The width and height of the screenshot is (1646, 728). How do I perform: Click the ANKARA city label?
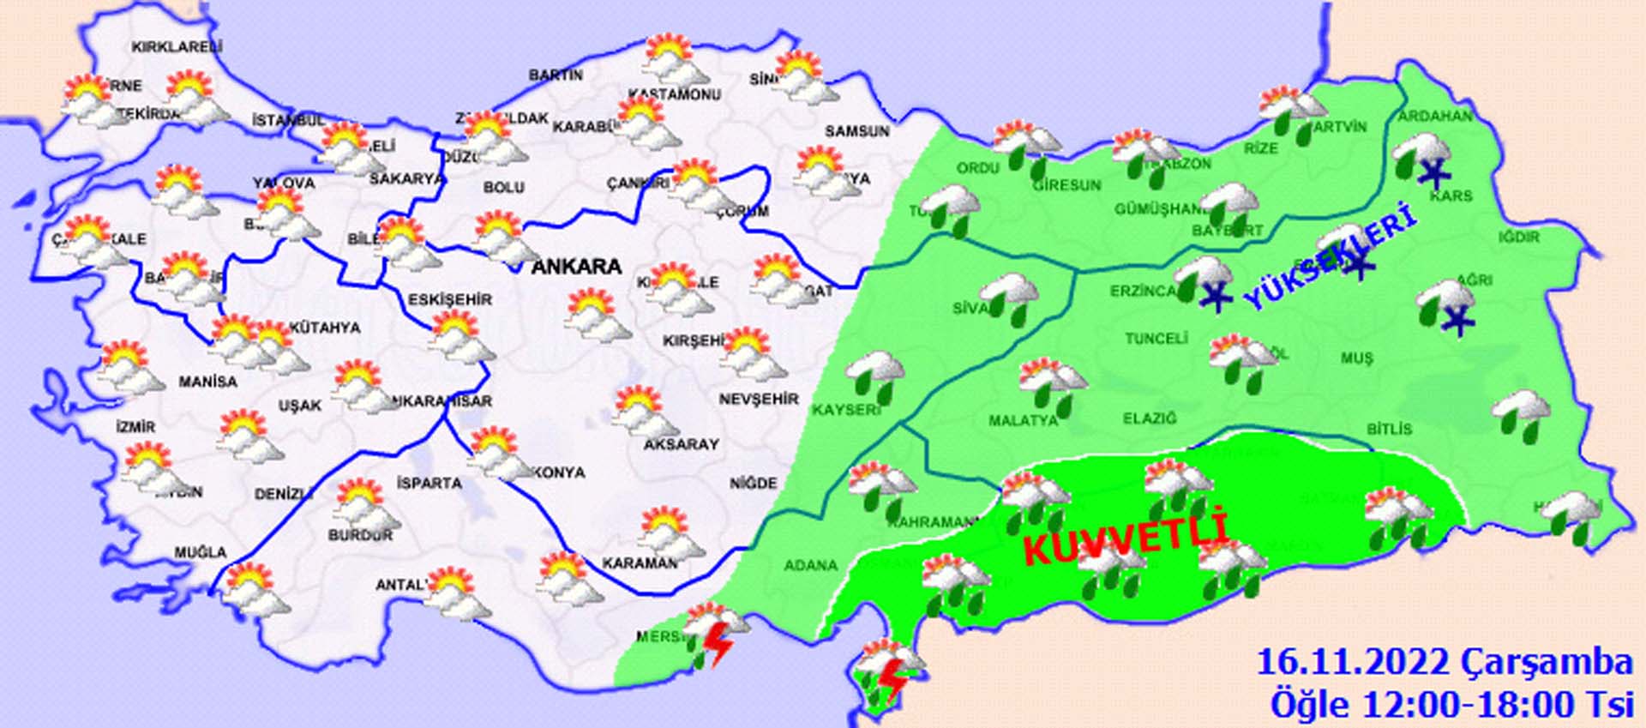pos(576,267)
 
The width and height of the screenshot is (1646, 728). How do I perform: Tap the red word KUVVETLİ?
pos(1125,538)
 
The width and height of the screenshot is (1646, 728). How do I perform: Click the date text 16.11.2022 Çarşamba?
pos(1444,663)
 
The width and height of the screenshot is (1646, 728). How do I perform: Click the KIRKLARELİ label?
pos(177,47)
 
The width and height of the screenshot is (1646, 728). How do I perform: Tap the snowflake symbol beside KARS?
pos(1433,173)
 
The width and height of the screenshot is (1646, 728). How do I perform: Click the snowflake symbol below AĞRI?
pos(1455,322)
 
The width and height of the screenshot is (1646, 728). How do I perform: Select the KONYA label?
pos(559,472)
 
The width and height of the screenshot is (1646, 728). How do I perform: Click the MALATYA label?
pos(1023,421)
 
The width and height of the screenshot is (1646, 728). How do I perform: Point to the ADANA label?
pos(810,565)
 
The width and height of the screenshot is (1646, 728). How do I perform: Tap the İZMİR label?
pos(135,427)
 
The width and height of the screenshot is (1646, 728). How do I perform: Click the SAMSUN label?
pos(856,131)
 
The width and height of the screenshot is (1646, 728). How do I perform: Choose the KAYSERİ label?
pos(846,410)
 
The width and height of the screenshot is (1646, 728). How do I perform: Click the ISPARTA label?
pos(429,483)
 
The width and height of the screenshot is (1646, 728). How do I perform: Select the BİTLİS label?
pos(1389,429)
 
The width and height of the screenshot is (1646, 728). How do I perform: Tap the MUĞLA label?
pos(201,552)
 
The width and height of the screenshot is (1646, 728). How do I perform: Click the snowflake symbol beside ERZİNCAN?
pos(1214,297)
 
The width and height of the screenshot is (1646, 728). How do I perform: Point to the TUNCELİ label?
pos(1156,339)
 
